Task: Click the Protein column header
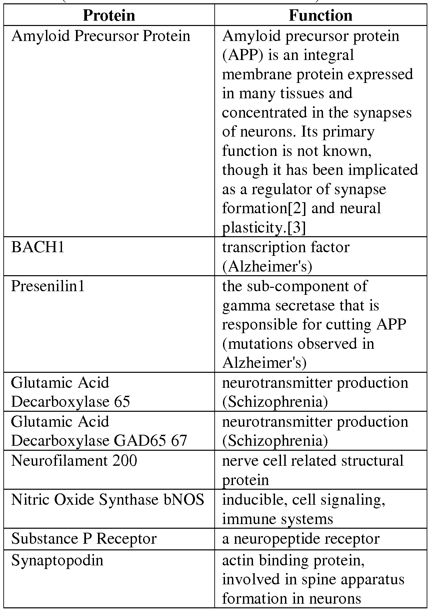109,15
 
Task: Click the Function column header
320,15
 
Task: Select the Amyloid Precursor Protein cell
101,36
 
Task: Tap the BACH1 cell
38,248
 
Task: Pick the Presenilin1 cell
48,286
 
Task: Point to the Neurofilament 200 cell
74,461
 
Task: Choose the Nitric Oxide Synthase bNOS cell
107,500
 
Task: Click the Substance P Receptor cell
84,539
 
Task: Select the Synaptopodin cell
57,561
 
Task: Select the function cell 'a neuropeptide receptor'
301,539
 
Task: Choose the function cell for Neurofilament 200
313,470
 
